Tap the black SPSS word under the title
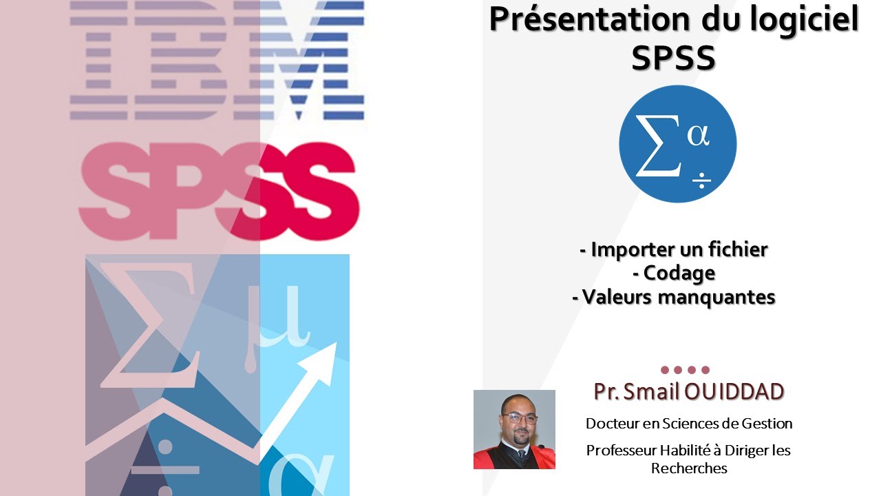pos(673,59)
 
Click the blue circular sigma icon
pos(677,144)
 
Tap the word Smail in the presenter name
pos(652,391)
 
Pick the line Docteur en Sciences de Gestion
pos(688,423)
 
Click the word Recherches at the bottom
pos(688,468)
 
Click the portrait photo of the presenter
pos(514,429)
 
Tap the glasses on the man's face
pos(519,418)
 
